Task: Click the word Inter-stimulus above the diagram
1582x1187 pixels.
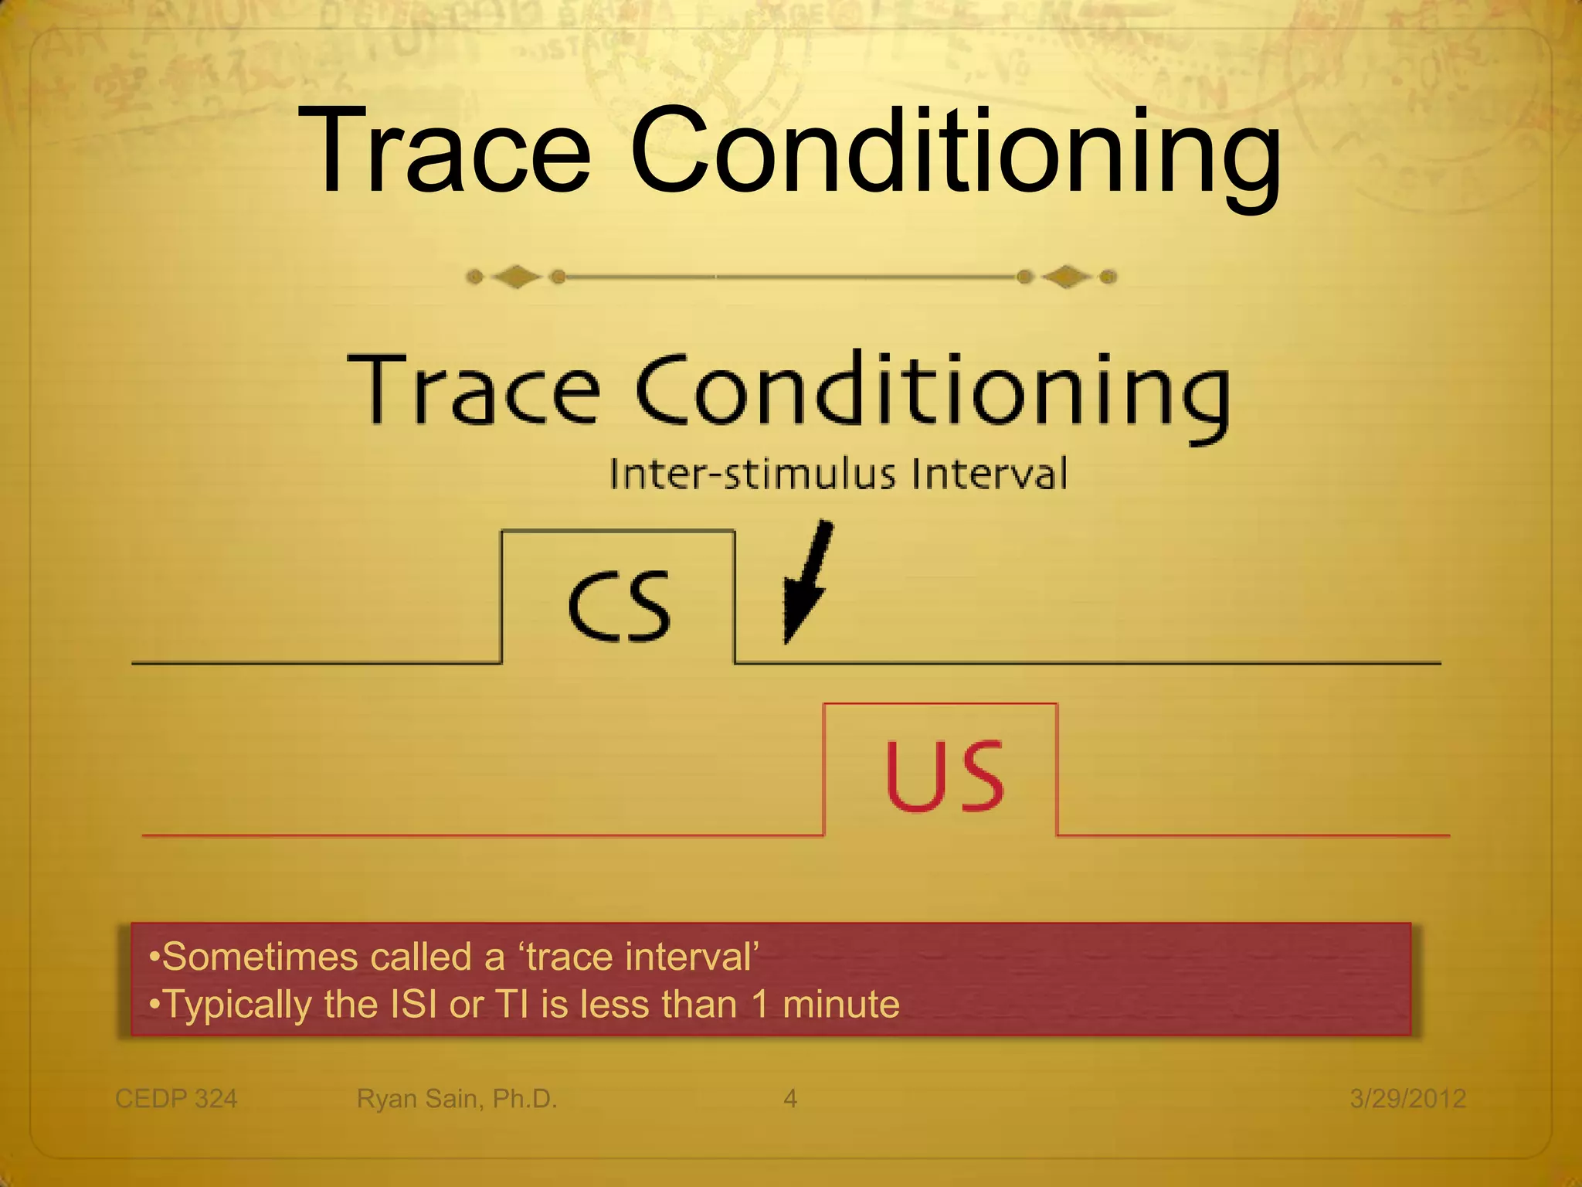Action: (x=753, y=474)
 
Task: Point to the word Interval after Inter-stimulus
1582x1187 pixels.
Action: (x=990, y=474)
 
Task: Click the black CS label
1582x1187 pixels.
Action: (x=619, y=607)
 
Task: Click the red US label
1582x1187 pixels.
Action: (x=944, y=776)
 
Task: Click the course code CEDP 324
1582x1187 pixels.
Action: (x=176, y=1098)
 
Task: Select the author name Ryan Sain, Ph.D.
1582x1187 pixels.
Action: (x=457, y=1098)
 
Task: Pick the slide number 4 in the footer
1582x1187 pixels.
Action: (x=790, y=1098)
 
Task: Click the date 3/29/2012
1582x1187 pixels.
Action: (x=1407, y=1098)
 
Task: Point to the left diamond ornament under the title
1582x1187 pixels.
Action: (x=516, y=277)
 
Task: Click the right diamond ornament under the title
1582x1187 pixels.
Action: (x=1067, y=277)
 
